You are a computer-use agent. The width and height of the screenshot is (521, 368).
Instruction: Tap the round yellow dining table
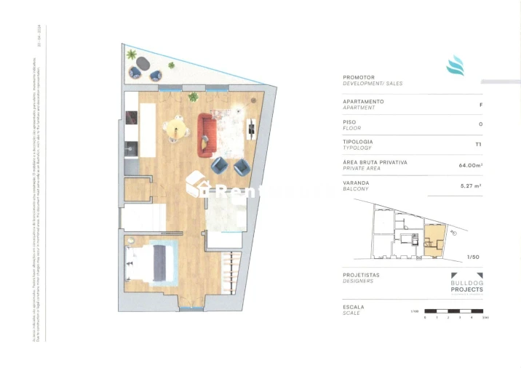[175, 129]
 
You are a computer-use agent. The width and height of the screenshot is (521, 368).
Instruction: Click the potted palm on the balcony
[131, 55]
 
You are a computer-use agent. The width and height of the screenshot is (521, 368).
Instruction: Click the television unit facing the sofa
[252, 129]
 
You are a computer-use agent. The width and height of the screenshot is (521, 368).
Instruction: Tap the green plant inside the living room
[193, 97]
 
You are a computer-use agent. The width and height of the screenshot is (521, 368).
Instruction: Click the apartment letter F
[480, 104]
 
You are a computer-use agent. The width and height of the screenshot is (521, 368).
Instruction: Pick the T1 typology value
[478, 144]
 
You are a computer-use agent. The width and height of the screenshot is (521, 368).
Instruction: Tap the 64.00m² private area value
[471, 165]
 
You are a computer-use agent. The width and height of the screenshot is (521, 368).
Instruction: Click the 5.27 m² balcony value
[471, 185]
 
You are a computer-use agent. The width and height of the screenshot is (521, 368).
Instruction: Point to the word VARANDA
[355, 183]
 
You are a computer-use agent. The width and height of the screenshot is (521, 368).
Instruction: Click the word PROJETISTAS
[361, 275]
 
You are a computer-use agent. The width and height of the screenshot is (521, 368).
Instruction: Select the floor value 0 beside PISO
[480, 124]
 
